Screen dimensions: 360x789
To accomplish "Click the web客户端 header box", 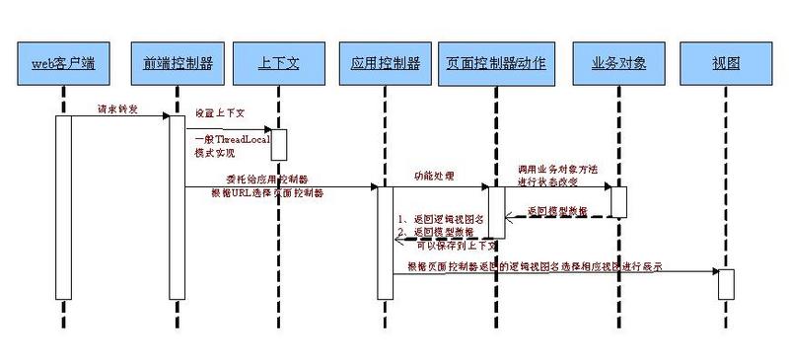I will coord(62,63).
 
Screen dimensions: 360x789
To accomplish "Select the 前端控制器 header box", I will coord(177,63).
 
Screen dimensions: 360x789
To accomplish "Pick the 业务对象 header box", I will coord(618,63).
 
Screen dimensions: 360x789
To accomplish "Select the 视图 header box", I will coord(726,63).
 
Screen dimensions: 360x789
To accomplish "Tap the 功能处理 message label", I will coord(434,175).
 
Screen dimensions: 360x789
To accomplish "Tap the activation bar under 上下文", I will coord(278,144).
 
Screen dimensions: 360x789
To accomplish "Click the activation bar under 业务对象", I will coord(618,201).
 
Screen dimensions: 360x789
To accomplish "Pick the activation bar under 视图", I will coord(726,283).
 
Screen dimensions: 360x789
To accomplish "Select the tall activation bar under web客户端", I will coord(63,207).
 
